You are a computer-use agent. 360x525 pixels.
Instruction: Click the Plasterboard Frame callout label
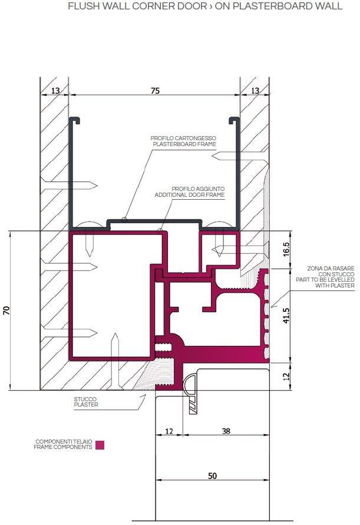click(184, 141)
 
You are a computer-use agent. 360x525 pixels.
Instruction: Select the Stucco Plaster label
click(86, 402)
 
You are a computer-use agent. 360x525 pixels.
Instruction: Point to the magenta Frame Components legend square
click(100, 445)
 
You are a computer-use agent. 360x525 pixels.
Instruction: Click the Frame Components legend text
click(64, 445)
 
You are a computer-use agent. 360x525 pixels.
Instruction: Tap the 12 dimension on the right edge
click(286, 376)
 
